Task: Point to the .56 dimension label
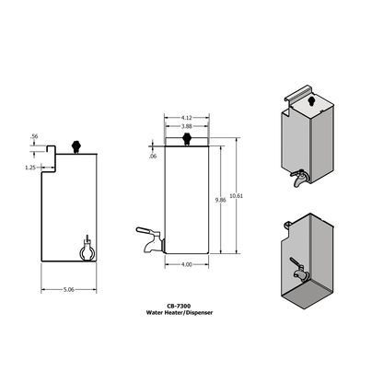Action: [x=34, y=137]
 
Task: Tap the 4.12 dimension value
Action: [x=187, y=118]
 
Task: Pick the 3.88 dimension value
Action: [x=187, y=126]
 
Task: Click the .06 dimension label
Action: [x=153, y=157]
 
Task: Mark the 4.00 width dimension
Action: [x=187, y=265]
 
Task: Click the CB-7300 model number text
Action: [x=180, y=308]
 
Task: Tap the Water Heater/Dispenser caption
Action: [x=180, y=314]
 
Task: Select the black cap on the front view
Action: [x=187, y=140]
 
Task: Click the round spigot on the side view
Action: [x=87, y=250]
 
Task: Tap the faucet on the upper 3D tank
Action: [x=298, y=178]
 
